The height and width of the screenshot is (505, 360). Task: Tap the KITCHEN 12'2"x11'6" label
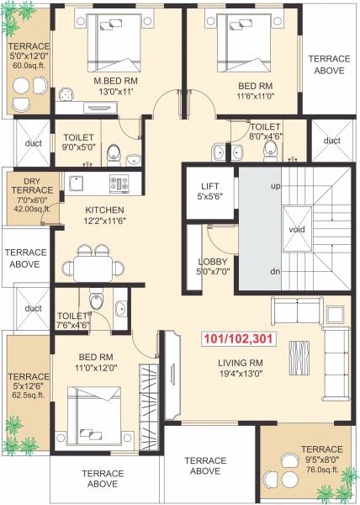(x=104, y=215)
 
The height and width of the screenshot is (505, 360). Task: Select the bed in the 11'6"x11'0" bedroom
(x=243, y=42)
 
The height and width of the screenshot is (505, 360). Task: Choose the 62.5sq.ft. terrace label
(x=29, y=387)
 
